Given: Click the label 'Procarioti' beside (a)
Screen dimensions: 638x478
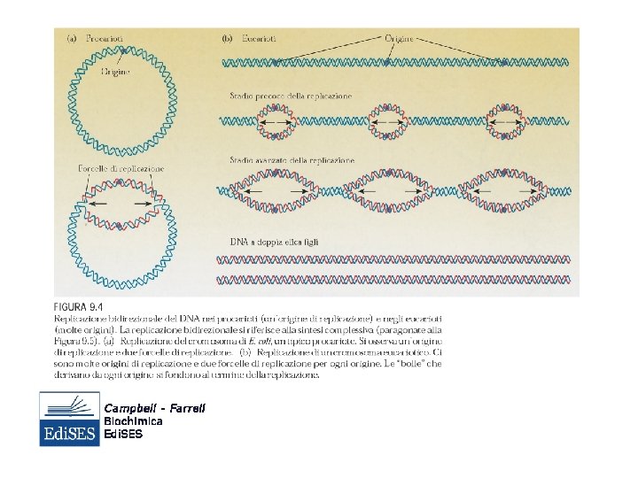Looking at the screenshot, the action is coord(105,39).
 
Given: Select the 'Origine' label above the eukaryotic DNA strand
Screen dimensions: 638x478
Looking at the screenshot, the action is coord(400,39).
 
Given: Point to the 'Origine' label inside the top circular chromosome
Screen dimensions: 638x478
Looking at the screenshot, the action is coord(115,72).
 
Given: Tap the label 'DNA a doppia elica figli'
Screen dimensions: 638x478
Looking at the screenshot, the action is coord(275,242).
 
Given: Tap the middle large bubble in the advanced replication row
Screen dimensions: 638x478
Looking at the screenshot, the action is coord(393,189).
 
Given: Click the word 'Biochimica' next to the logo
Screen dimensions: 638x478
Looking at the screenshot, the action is coord(133,421).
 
